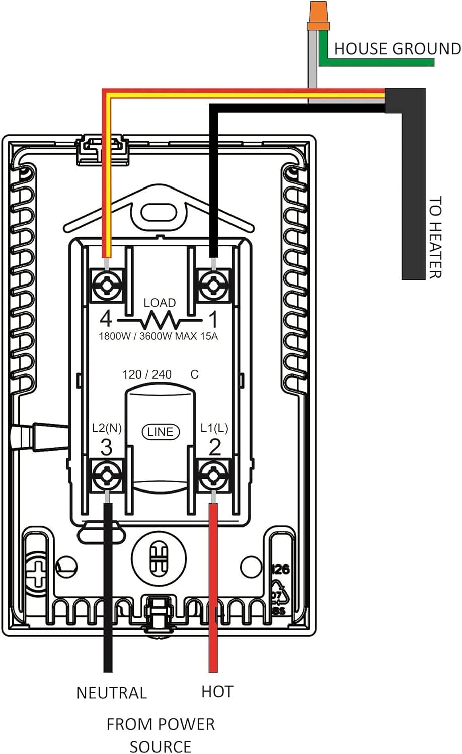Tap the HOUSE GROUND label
(x=397, y=48)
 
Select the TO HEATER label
(x=435, y=237)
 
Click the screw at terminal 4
(x=107, y=286)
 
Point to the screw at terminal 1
(x=213, y=286)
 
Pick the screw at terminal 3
(x=107, y=475)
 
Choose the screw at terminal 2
(x=213, y=475)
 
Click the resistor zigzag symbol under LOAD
(x=160, y=320)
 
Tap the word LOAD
(x=160, y=303)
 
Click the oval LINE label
(x=161, y=432)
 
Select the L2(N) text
(x=107, y=428)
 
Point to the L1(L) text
(x=214, y=428)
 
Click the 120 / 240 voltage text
(x=147, y=374)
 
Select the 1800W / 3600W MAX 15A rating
(x=159, y=336)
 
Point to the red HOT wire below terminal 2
(x=213, y=588)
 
